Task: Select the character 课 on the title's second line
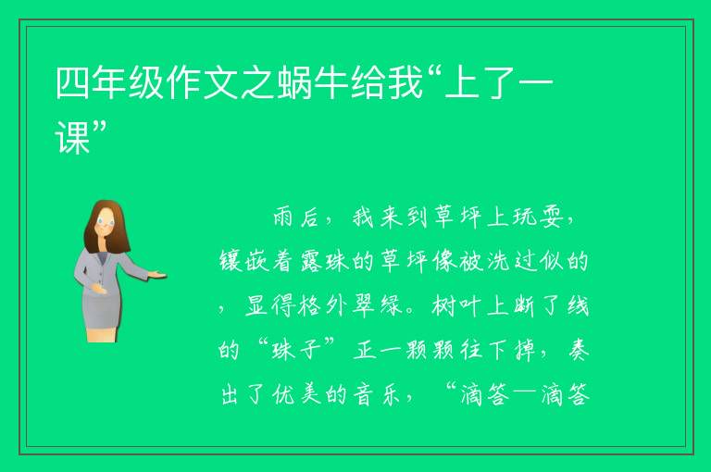click(x=72, y=137)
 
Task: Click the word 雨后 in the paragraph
click(x=295, y=217)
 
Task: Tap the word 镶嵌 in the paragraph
click(x=244, y=262)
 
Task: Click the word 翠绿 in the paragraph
click(x=379, y=305)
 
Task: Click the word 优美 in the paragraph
click(x=297, y=394)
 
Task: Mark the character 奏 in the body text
click(x=578, y=350)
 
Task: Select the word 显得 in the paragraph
click(x=271, y=305)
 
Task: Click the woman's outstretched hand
click(x=157, y=275)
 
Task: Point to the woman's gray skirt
click(x=102, y=309)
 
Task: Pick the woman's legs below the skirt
click(x=102, y=335)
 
